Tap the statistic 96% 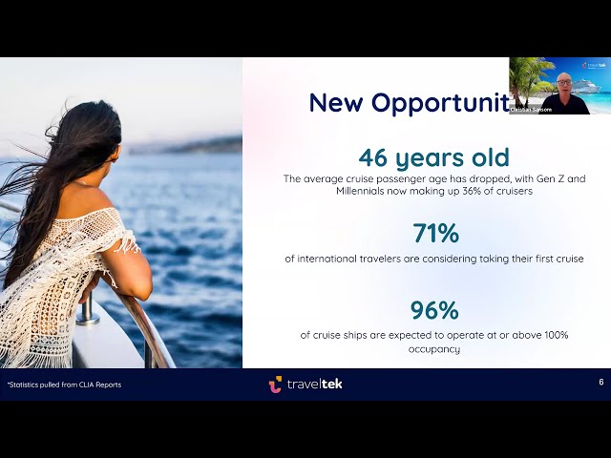[433, 311]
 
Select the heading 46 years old [433, 157]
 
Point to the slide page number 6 [600, 382]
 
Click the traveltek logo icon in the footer [275, 384]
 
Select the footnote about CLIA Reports [64, 385]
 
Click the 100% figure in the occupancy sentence [553, 335]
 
